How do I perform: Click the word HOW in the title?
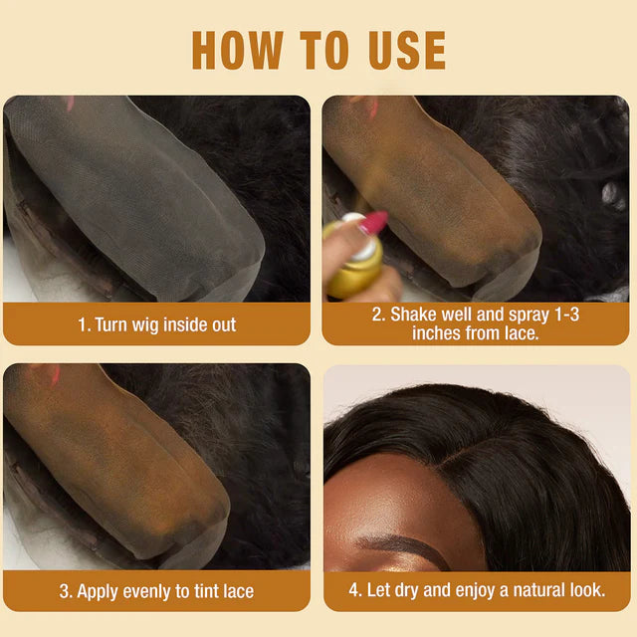click(238, 51)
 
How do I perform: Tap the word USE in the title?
click(407, 51)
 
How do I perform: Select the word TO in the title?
click(324, 51)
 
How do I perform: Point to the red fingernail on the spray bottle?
click(373, 223)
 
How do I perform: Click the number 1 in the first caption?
click(82, 325)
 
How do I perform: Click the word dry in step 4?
click(407, 591)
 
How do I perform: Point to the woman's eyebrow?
click(402, 547)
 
